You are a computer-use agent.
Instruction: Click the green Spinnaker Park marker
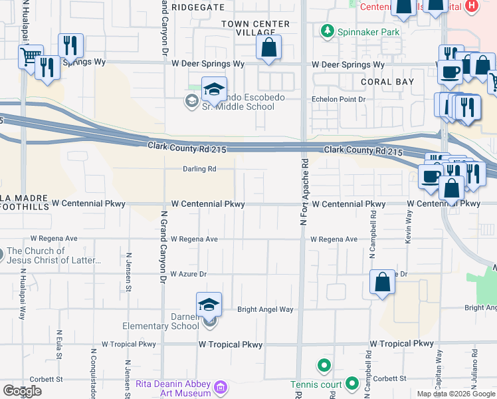click(327, 31)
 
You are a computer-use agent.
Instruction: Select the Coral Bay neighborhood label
click(387, 82)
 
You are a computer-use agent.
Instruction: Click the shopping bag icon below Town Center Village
click(268, 49)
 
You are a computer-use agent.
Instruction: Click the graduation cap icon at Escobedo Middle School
click(214, 90)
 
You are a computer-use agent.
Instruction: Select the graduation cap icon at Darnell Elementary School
click(209, 305)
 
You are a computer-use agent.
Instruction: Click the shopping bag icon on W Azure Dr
click(383, 282)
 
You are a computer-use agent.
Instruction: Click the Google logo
click(22, 391)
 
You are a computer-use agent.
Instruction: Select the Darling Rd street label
click(200, 169)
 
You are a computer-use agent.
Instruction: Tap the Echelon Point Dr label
click(340, 99)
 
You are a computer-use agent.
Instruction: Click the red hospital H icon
click(472, 6)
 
